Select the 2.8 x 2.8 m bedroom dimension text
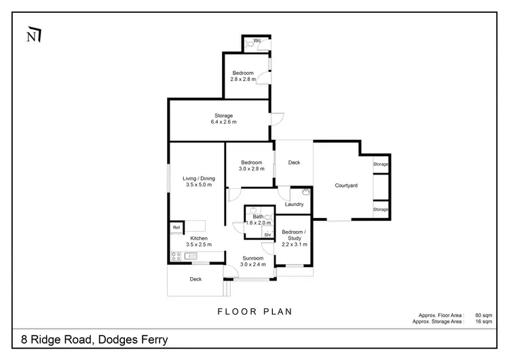click(x=243, y=79)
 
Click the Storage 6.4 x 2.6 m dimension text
click(x=224, y=122)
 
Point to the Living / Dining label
click(x=198, y=179)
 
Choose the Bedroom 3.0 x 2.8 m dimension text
click(x=251, y=168)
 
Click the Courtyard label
click(x=346, y=185)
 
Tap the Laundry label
click(x=294, y=204)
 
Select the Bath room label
click(x=258, y=216)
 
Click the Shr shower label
click(x=267, y=234)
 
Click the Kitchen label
click(x=199, y=238)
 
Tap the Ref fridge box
click(x=176, y=227)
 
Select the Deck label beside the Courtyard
click(x=294, y=162)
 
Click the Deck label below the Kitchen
click(x=195, y=279)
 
